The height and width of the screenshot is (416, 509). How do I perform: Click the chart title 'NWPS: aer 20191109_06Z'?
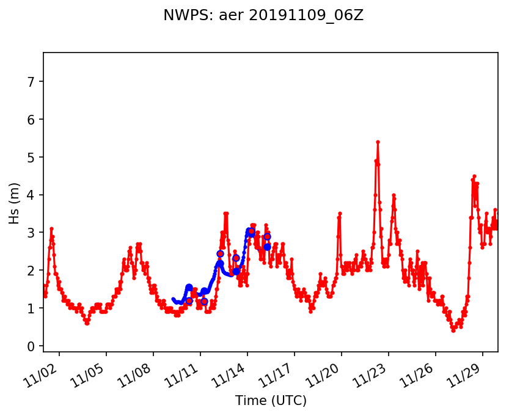[x=263, y=15]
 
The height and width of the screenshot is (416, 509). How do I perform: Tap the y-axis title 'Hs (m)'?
[x=15, y=202]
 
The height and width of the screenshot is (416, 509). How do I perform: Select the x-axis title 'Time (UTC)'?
[x=271, y=401]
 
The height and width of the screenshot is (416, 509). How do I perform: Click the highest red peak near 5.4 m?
[x=378, y=142]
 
